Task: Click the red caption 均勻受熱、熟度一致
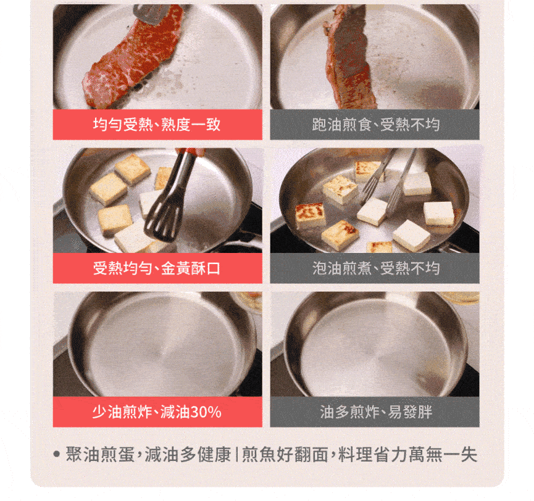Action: pos(157,124)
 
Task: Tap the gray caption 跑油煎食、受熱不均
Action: pos(375,124)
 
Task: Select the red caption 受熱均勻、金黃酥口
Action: pos(157,268)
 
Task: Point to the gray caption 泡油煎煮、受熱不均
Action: pos(375,268)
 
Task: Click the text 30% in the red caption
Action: pos(206,412)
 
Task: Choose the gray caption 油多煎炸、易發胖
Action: pos(376,412)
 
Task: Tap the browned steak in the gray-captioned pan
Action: pos(348,58)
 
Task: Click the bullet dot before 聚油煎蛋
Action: pos(57,454)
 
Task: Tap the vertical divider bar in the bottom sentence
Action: pos(236,454)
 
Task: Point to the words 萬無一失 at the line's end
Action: pos(443,454)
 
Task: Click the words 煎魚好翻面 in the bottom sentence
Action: pos(285,454)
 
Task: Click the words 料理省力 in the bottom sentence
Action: pos(373,454)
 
